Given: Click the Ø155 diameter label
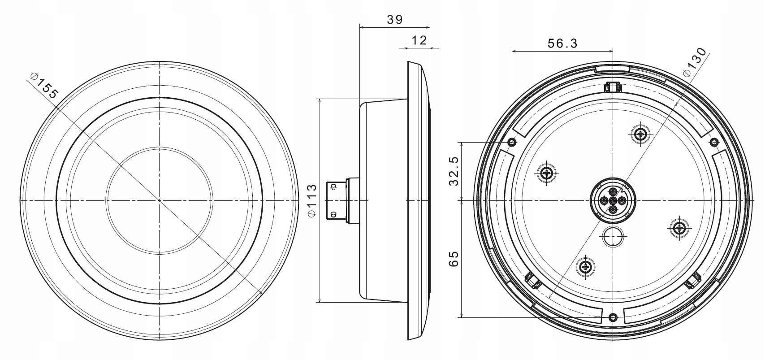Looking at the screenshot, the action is [44, 86].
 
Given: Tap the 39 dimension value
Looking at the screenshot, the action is [395, 20].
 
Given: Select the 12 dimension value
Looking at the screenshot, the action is [419, 41].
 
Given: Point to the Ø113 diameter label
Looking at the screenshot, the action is [312, 200].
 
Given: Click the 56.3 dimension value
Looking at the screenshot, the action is [562, 43].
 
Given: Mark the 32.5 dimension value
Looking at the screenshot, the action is [454, 171].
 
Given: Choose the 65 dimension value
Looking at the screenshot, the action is [454, 259].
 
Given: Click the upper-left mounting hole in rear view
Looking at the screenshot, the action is [512, 142].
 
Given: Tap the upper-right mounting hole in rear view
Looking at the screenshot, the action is [714, 142].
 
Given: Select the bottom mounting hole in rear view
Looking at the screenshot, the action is [614, 318].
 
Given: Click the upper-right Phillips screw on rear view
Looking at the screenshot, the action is [641, 134].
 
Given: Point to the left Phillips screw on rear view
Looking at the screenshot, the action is [546, 173].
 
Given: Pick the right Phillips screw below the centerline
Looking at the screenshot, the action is [679, 227].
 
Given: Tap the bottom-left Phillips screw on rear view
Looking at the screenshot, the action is [585, 266].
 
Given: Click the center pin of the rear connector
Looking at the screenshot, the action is [614, 200].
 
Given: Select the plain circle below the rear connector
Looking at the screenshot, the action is [613, 236].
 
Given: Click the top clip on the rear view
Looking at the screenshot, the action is [613, 87].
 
